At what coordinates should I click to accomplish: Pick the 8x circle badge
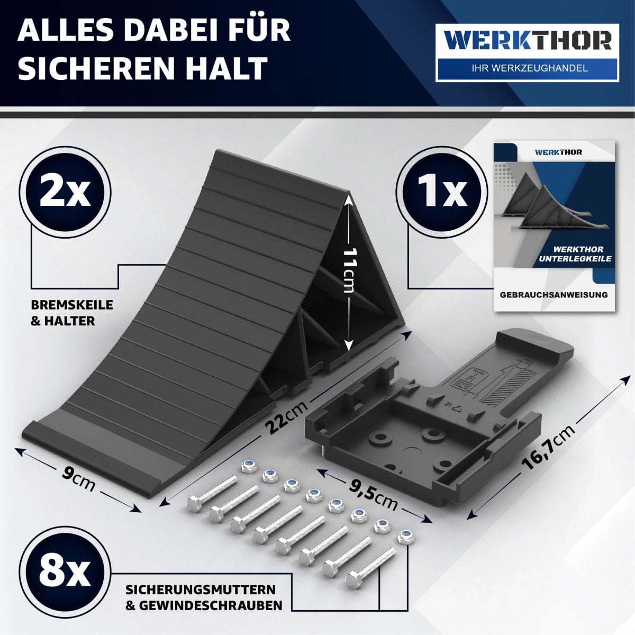65,573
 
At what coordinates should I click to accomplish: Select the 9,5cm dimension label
373,495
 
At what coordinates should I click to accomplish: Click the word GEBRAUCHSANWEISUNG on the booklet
554,295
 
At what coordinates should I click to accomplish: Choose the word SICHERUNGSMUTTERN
201,589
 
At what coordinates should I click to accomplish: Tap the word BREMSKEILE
72,305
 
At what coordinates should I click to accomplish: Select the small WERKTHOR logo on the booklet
559,152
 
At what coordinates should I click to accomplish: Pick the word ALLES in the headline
67,30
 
